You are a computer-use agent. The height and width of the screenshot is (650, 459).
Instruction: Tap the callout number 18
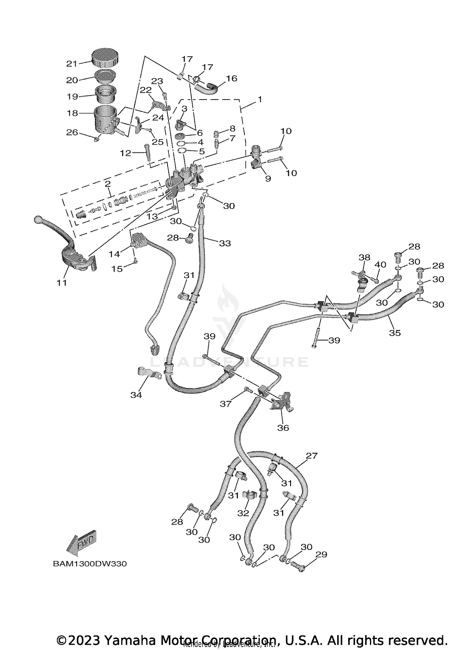73,113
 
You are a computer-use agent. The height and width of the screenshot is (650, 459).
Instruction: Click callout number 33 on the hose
225,243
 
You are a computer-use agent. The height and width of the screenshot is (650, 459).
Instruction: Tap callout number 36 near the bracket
283,428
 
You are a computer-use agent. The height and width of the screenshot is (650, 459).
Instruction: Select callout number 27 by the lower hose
312,456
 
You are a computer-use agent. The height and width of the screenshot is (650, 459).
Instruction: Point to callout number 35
395,333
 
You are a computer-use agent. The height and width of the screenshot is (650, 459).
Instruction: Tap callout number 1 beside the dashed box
259,99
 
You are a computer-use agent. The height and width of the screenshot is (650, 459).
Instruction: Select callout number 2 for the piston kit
107,184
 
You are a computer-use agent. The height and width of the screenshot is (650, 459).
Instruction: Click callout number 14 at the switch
114,254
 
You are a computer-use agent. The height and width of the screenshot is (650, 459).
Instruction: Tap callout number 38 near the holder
364,257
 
